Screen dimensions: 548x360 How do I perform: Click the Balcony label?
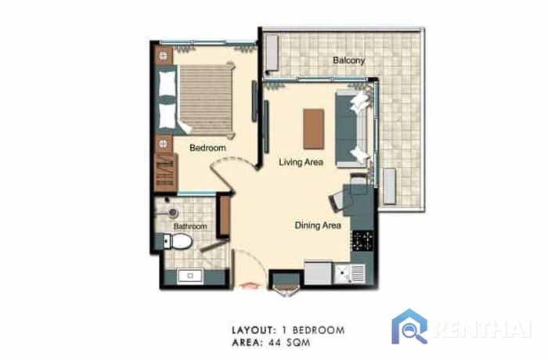[x=348, y=60]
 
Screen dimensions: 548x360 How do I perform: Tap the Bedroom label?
[x=207, y=148]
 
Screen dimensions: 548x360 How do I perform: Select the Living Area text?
[x=301, y=162]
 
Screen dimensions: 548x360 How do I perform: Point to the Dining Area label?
[x=318, y=225]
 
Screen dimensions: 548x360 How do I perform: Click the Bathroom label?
[x=190, y=226]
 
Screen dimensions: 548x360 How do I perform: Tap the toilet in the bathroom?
[x=178, y=241]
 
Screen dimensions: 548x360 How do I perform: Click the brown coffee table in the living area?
[x=313, y=129]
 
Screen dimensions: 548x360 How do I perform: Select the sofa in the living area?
[x=352, y=128]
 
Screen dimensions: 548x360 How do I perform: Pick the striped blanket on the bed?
[x=205, y=99]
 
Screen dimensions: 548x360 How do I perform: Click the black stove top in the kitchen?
[x=362, y=240]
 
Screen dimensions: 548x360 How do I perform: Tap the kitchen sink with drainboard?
[x=350, y=274]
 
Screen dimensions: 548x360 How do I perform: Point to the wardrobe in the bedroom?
[x=164, y=172]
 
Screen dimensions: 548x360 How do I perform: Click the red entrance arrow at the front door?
[x=251, y=286]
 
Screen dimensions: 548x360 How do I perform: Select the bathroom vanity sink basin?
[x=189, y=275]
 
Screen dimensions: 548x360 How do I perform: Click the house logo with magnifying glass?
[x=409, y=327]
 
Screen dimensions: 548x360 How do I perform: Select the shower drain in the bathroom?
[x=173, y=213]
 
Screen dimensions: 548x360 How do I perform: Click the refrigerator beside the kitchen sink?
[x=318, y=272]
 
